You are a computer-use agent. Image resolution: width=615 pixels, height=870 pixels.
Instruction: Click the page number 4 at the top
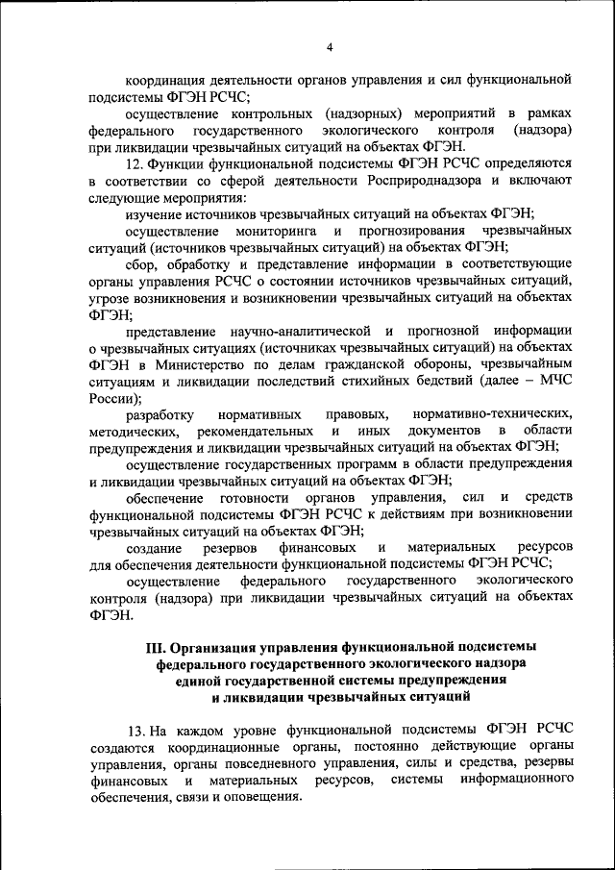(x=329, y=47)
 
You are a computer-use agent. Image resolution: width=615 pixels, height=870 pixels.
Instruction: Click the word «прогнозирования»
(x=413, y=232)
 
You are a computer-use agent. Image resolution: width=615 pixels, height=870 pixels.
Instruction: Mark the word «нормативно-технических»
(x=497, y=413)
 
